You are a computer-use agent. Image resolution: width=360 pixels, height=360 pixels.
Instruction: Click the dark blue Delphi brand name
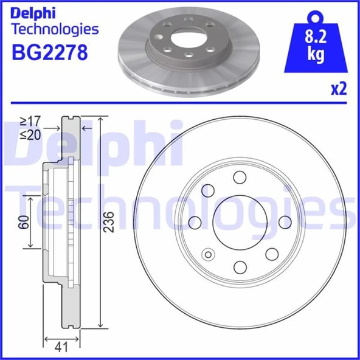coord(35,12)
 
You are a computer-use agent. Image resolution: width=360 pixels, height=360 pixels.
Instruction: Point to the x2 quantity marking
coord(338,89)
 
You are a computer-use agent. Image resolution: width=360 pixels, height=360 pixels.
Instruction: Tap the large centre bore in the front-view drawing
coord(239,222)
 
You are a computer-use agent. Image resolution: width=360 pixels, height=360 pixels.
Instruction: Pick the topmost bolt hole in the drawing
coord(239,177)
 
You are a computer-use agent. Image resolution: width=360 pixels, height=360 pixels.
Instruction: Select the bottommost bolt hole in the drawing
coord(239,267)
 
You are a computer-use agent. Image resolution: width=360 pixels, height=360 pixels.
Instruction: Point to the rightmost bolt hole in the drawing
coord(284,222)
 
